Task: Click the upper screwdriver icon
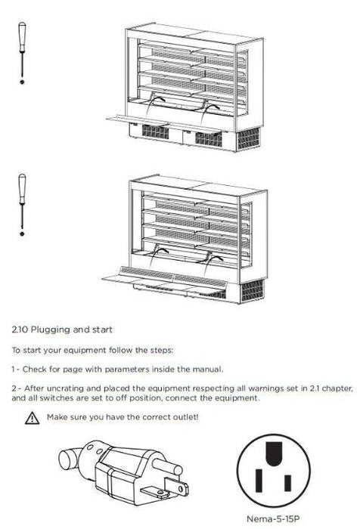(22, 53)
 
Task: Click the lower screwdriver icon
(22, 204)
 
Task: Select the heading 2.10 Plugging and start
(62, 330)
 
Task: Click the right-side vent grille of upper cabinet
(249, 139)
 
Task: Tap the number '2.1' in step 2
(312, 388)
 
